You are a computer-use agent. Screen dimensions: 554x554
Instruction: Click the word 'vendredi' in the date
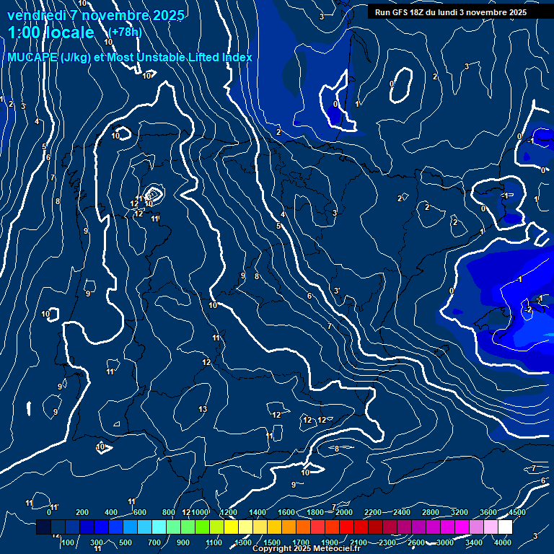coord(32,15)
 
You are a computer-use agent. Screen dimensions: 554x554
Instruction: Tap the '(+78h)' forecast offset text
coord(125,32)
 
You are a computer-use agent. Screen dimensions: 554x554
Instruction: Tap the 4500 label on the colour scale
coord(516,512)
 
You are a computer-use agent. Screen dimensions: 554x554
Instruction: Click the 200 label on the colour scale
coord(82,512)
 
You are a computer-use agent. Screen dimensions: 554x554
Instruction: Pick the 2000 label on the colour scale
coord(344,512)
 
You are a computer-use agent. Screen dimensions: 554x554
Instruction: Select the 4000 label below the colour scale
coord(503,542)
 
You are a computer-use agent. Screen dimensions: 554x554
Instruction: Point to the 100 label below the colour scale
coord(68,542)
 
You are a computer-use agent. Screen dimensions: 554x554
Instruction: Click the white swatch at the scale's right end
coord(505,527)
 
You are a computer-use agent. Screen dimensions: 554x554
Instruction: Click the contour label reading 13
coord(203,409)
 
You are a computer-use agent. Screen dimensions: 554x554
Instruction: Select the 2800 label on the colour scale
coord(431,512)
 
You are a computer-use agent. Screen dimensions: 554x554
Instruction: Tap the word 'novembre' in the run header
coord(488,12)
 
